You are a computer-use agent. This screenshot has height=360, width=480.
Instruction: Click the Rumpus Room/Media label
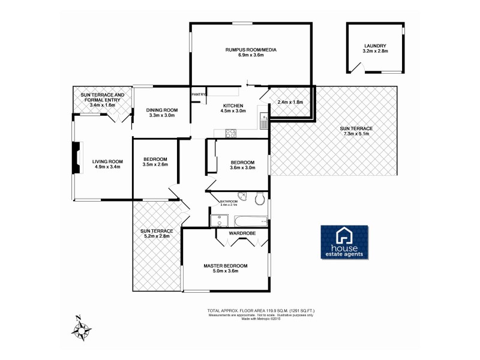click(x=250, y=50)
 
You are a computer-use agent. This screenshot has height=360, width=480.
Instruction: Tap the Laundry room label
click(x=375, y=46)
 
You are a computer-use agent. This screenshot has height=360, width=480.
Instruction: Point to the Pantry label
click(x=199, y=94)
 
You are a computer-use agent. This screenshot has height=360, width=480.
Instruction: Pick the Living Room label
click(x=107, y=161)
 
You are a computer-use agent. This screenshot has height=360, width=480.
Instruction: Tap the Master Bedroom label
click(x=225, y=266)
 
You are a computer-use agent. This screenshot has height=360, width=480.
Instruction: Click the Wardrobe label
click(x=242, y=233)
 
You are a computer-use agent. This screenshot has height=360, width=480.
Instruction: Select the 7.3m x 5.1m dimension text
click(x=356, y=134)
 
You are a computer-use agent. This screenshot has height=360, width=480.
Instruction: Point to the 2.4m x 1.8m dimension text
click(x=290, y=102)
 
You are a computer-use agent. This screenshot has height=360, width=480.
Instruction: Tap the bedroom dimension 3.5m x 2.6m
click(x=155, y=164)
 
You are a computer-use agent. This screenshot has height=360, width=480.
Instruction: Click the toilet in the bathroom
click(x=260, y=199)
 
